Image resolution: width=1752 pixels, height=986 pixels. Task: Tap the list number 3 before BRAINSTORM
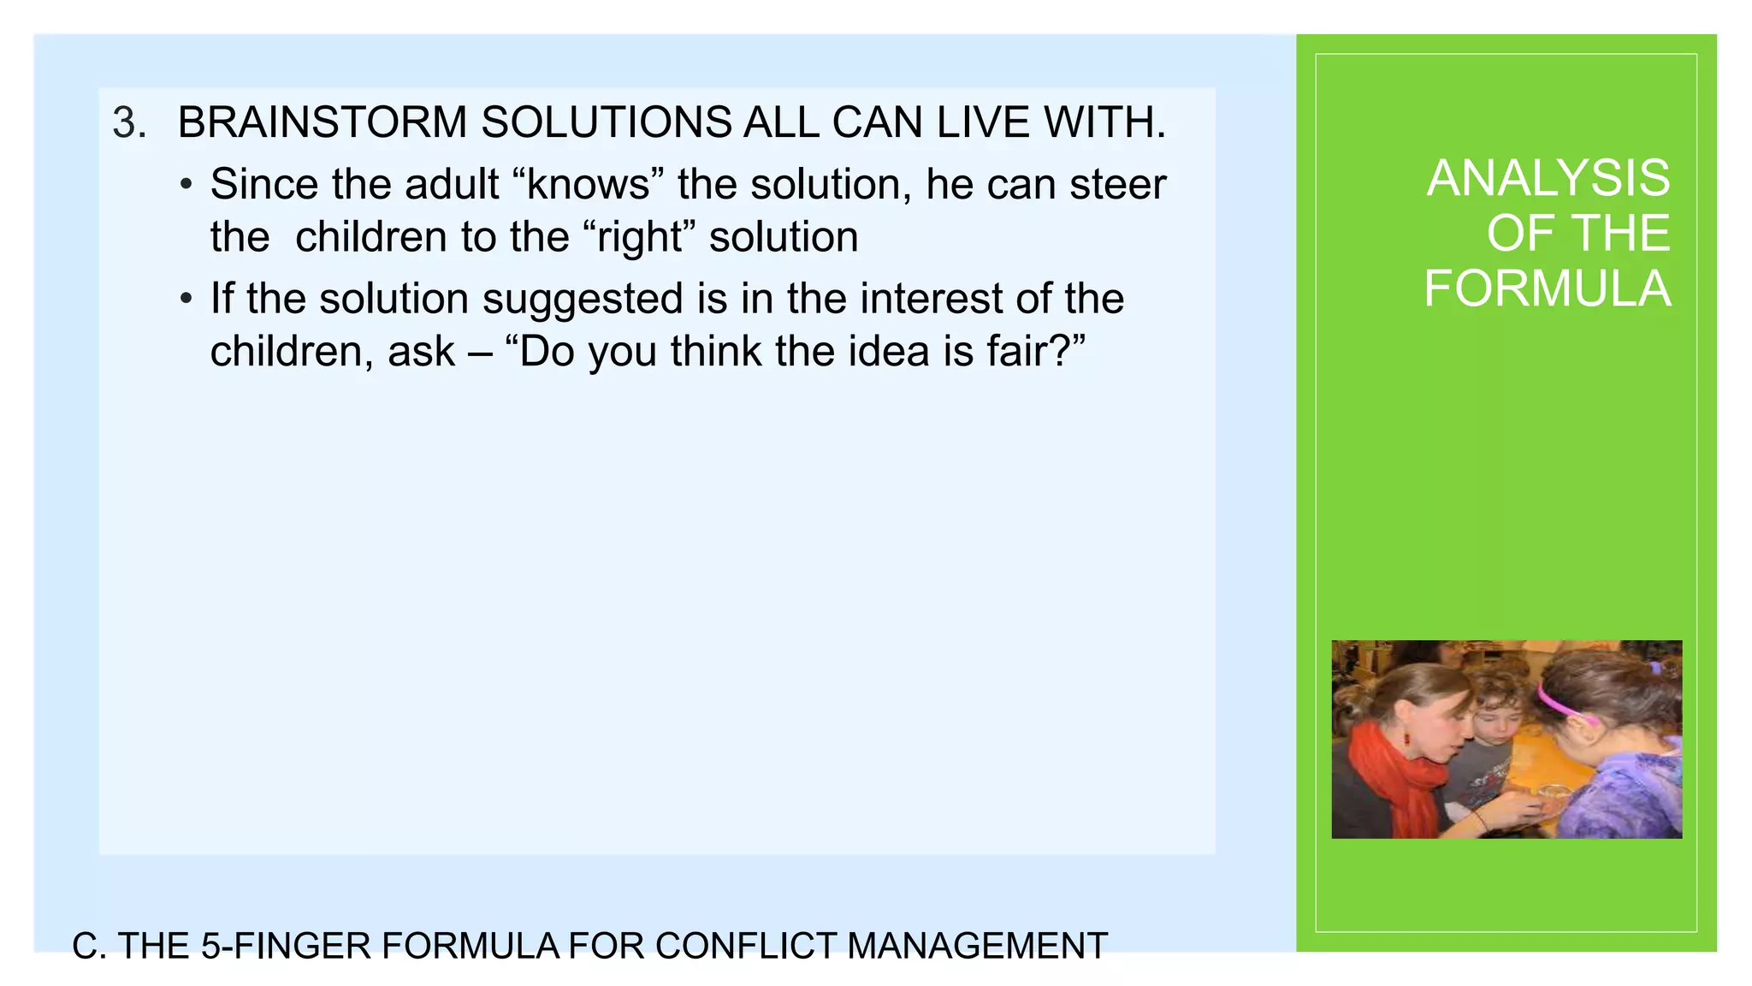tap(128, 123)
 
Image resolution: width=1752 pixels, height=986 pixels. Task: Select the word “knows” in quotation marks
tap(589, 184)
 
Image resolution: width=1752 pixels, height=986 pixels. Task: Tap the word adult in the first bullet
tap(452, 184)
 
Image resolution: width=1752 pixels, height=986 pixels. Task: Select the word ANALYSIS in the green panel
tap(1548, 178)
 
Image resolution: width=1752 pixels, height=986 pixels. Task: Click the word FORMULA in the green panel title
tap(1547, 288)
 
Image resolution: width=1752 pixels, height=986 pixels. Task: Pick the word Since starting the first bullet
tap(264, 184)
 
